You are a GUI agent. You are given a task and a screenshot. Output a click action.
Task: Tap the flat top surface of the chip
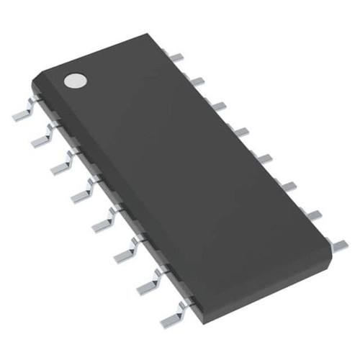pos(187,158)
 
